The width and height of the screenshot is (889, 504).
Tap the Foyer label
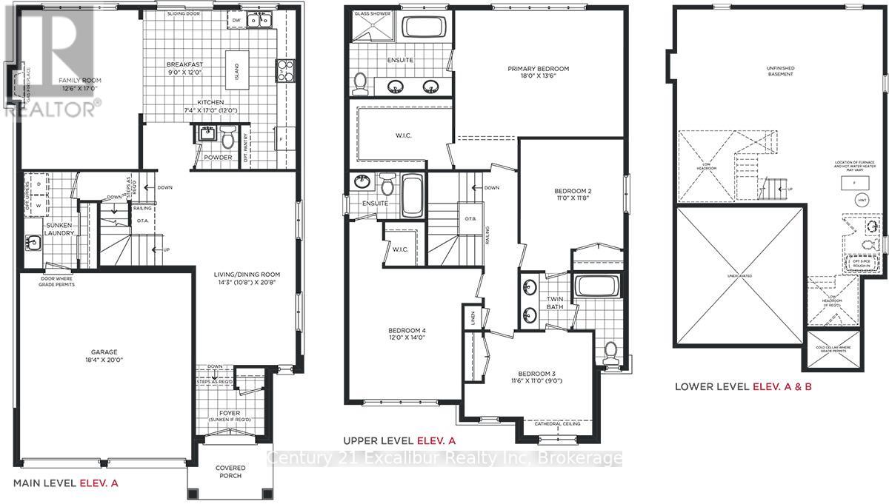tap(229, 413)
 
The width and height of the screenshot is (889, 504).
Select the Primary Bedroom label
tap(538, 69)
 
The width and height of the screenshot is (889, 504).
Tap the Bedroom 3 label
tap(533, 374)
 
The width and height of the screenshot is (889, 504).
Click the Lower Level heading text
tap(712, 386)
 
